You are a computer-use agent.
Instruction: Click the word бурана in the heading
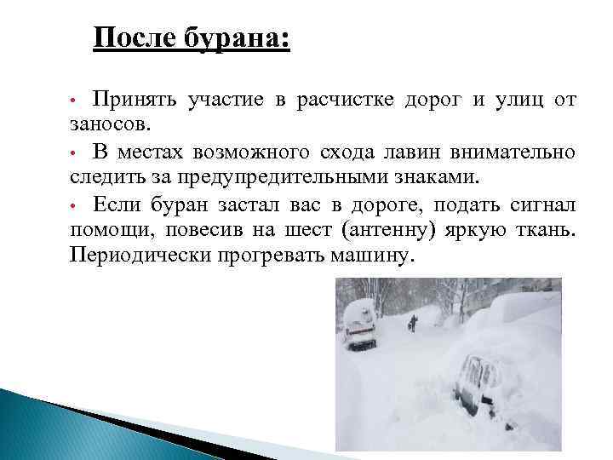click(242, 39)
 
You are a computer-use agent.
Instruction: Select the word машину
click(375, 256)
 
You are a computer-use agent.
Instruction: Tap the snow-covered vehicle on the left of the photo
click(360, 328)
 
